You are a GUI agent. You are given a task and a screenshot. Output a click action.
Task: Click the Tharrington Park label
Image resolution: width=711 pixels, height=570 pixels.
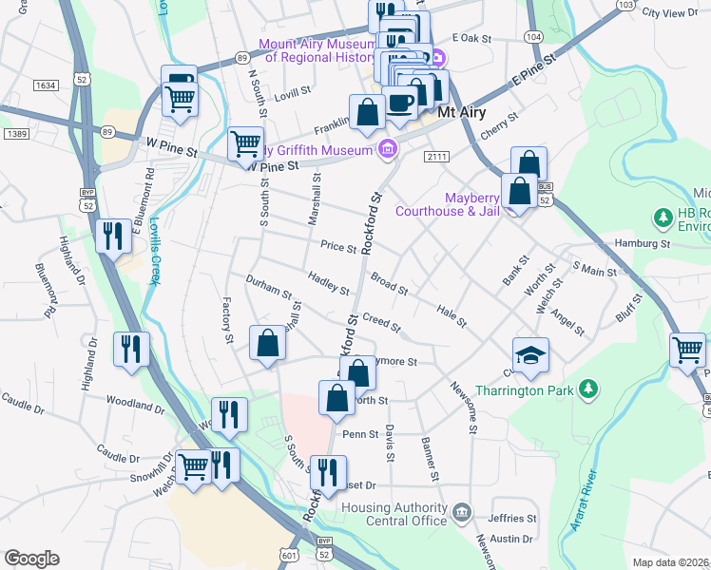528,389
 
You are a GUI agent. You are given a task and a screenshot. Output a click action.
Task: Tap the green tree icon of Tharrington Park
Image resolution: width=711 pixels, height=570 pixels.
589,389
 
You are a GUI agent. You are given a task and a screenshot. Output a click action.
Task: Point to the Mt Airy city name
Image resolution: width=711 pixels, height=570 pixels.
463,113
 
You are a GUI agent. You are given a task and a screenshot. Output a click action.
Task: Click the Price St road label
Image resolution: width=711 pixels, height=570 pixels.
337,246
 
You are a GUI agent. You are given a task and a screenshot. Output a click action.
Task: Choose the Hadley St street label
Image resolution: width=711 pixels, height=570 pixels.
328,283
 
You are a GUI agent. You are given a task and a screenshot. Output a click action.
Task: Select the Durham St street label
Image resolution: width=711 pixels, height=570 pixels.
268,288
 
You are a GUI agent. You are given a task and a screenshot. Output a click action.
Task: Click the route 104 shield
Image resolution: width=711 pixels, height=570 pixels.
533,36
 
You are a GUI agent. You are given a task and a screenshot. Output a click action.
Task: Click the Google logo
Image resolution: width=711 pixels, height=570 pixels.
31,559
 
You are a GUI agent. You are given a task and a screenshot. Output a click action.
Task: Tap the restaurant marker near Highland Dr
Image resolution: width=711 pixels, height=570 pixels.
113,237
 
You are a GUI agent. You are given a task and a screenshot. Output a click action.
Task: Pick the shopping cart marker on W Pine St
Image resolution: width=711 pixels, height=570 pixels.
245,144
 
